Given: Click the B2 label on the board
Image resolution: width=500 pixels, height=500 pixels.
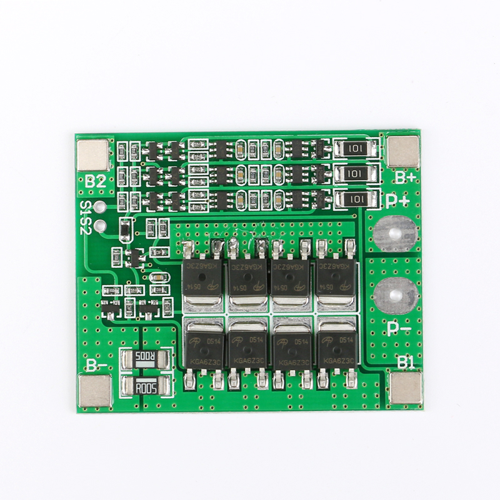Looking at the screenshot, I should tap(96, 182).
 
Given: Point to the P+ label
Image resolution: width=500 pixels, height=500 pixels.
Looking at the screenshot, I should tap(397, 201).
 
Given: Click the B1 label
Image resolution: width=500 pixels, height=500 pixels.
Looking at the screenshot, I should tap(406, 361).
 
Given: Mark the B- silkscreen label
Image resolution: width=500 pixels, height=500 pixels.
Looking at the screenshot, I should tap(96, 364).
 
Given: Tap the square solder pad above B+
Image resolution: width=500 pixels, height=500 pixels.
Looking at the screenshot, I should tap(402, 151).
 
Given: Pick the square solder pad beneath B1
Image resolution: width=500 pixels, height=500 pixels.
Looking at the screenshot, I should tap(404, 387).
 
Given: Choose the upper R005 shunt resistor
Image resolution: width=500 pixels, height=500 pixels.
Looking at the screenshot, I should tap(144, 359).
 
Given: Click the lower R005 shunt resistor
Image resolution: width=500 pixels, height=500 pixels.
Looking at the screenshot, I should tap(144, 387).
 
